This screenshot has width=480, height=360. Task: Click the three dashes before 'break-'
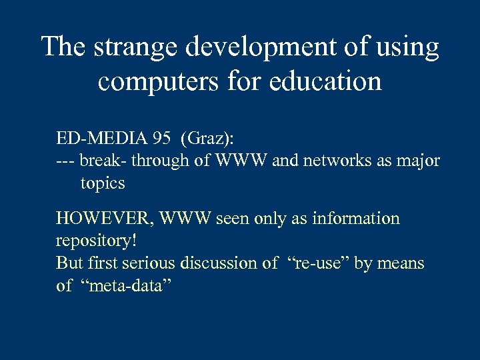[65, 161]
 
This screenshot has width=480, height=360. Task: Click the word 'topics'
[103, 183]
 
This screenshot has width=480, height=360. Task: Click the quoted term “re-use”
[317, 263]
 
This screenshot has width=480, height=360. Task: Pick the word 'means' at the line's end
[401, 264]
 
